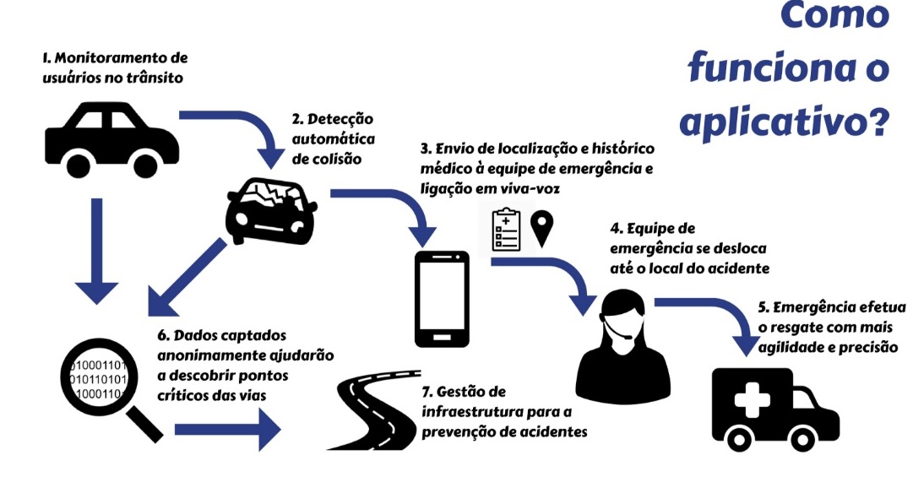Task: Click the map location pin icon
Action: coord(541,228)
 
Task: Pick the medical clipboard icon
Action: coord(506,229)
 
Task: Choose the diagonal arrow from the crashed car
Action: coord(186,279)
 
